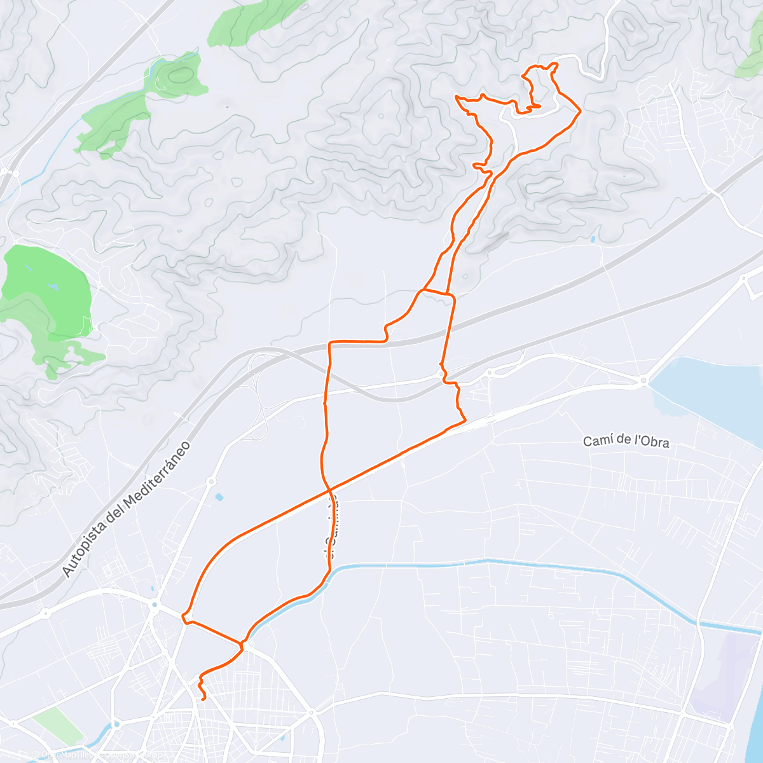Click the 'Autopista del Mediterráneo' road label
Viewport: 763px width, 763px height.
(x=127, y=509)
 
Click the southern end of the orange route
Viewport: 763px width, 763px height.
(x=203, y=699)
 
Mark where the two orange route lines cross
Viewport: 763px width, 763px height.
(x=329, y=490)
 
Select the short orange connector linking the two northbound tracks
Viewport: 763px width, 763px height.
(x=437, y=292)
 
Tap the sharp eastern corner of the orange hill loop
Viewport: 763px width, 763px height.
(x=580, y=112)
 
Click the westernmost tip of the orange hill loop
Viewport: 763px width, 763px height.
(x=457, y=96)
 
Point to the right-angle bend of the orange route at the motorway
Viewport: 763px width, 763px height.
(x=329, y=343)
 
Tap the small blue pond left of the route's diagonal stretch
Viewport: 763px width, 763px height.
(x=219, y=497)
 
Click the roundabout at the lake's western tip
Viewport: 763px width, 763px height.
(x=644, y=381)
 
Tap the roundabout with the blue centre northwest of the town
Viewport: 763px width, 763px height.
(x=154, y=605)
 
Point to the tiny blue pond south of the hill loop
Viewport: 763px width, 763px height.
(x=593, y=239)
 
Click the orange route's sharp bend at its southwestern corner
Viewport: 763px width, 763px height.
(x=184, y=617)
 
